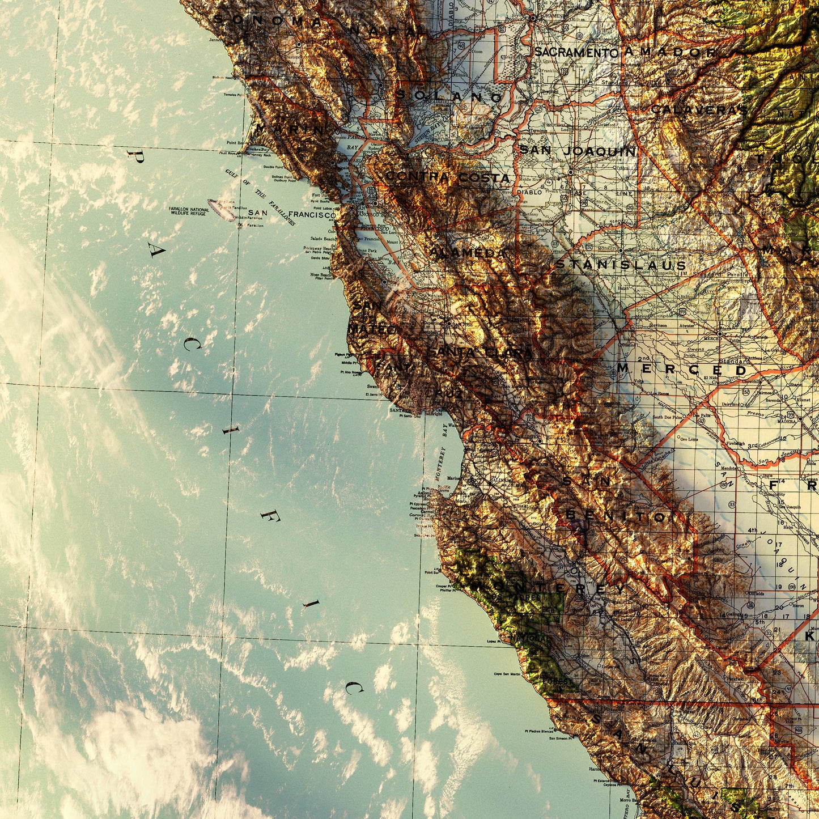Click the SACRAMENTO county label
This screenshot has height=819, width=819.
click(575, 53)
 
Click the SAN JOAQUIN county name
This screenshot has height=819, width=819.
click(578, 151)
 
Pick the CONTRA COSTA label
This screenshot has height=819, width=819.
click(448, 177)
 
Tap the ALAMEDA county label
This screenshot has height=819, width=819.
click(468, 253)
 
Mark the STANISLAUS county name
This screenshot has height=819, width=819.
click(621, 265)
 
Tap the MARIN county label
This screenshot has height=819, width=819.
click(289, 129)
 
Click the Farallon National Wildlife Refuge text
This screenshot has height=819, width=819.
click(189, 211)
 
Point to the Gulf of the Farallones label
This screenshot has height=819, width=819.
click(260, 196)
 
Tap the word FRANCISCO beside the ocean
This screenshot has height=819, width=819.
click(312, 215)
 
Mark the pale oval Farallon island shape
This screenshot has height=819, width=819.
click(222, 209)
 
